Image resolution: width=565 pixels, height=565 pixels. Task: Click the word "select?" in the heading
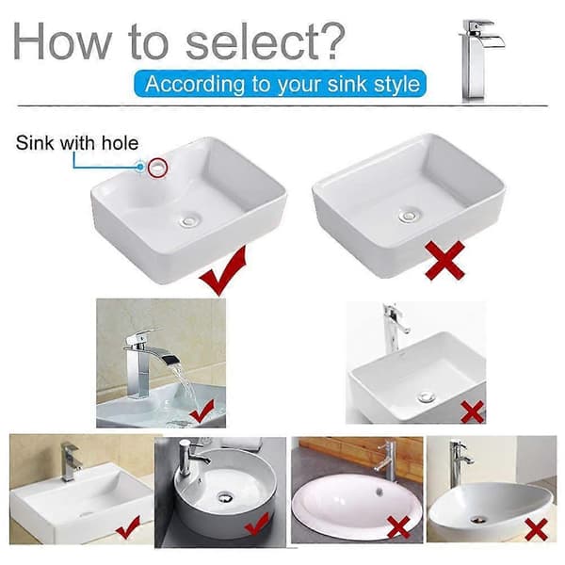[x=266, y=40]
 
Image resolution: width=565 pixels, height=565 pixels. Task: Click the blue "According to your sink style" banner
[x=281, y=84]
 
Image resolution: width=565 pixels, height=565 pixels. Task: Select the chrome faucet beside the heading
[x=480, y=60]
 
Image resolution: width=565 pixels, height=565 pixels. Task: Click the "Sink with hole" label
[x=77, y=143]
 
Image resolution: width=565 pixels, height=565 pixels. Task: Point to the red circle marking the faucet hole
[x=158, y=168]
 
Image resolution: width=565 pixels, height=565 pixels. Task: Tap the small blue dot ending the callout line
[x=140, y=167]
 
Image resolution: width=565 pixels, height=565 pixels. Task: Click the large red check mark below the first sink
[x=222, y=270]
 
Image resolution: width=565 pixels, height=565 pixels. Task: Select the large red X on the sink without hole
[x=444, y=260]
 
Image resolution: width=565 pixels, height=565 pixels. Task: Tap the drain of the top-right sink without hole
[x=410, y=215]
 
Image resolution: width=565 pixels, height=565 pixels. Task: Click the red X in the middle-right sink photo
[x=472, y=412]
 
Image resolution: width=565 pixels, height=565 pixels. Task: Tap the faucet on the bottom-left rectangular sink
[x=69, y=461]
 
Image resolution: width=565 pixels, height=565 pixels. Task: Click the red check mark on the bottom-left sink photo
[x=128, y=527]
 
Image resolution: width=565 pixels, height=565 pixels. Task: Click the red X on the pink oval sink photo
[x=398, y=527]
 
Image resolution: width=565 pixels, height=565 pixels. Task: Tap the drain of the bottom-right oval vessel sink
[x=479, y=520]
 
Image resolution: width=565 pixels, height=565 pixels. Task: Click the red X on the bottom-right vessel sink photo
[x=537, y=529]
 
